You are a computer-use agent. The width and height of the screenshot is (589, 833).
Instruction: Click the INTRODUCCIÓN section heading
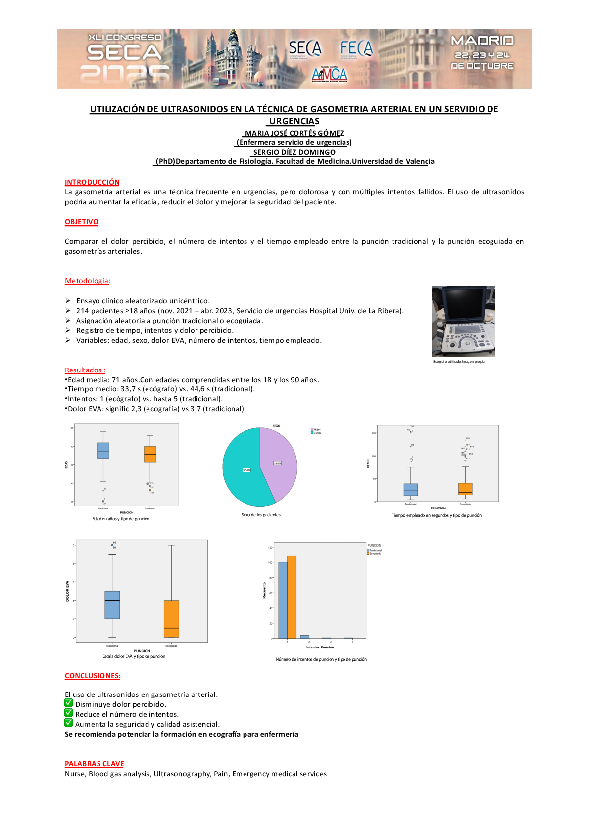(92, 182)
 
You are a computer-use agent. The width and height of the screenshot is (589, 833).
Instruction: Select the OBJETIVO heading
(82, 222)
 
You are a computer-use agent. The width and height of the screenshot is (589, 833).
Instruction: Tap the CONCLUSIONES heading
(93, 676)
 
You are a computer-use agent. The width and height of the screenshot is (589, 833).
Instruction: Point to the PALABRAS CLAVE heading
(94, 764)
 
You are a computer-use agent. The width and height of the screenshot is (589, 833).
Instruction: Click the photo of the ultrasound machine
(463, 321)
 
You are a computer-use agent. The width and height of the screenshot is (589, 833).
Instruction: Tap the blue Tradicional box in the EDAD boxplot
(103, 451)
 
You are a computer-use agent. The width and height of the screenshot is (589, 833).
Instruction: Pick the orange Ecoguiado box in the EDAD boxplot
(150, 454)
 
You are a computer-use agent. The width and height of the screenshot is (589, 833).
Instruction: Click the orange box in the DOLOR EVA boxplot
(171, 618)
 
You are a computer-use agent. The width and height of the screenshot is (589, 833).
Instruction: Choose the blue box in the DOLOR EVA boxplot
(112, 605)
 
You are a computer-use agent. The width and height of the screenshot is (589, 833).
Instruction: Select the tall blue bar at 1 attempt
(283, 600)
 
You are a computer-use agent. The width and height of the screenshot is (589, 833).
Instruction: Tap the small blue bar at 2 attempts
(304, 637)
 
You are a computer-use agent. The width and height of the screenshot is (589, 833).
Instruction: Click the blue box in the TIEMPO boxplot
(411, 490)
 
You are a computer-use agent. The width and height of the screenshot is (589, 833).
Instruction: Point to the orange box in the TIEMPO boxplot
(465, 489)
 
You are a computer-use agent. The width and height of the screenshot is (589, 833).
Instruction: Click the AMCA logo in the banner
(330, 75)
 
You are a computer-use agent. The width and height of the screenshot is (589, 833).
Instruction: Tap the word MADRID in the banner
(482, 41)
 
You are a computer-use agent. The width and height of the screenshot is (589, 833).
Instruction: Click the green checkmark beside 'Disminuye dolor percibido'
(69, 703)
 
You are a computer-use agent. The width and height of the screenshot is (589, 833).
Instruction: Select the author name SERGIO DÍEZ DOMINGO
(294, 152)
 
